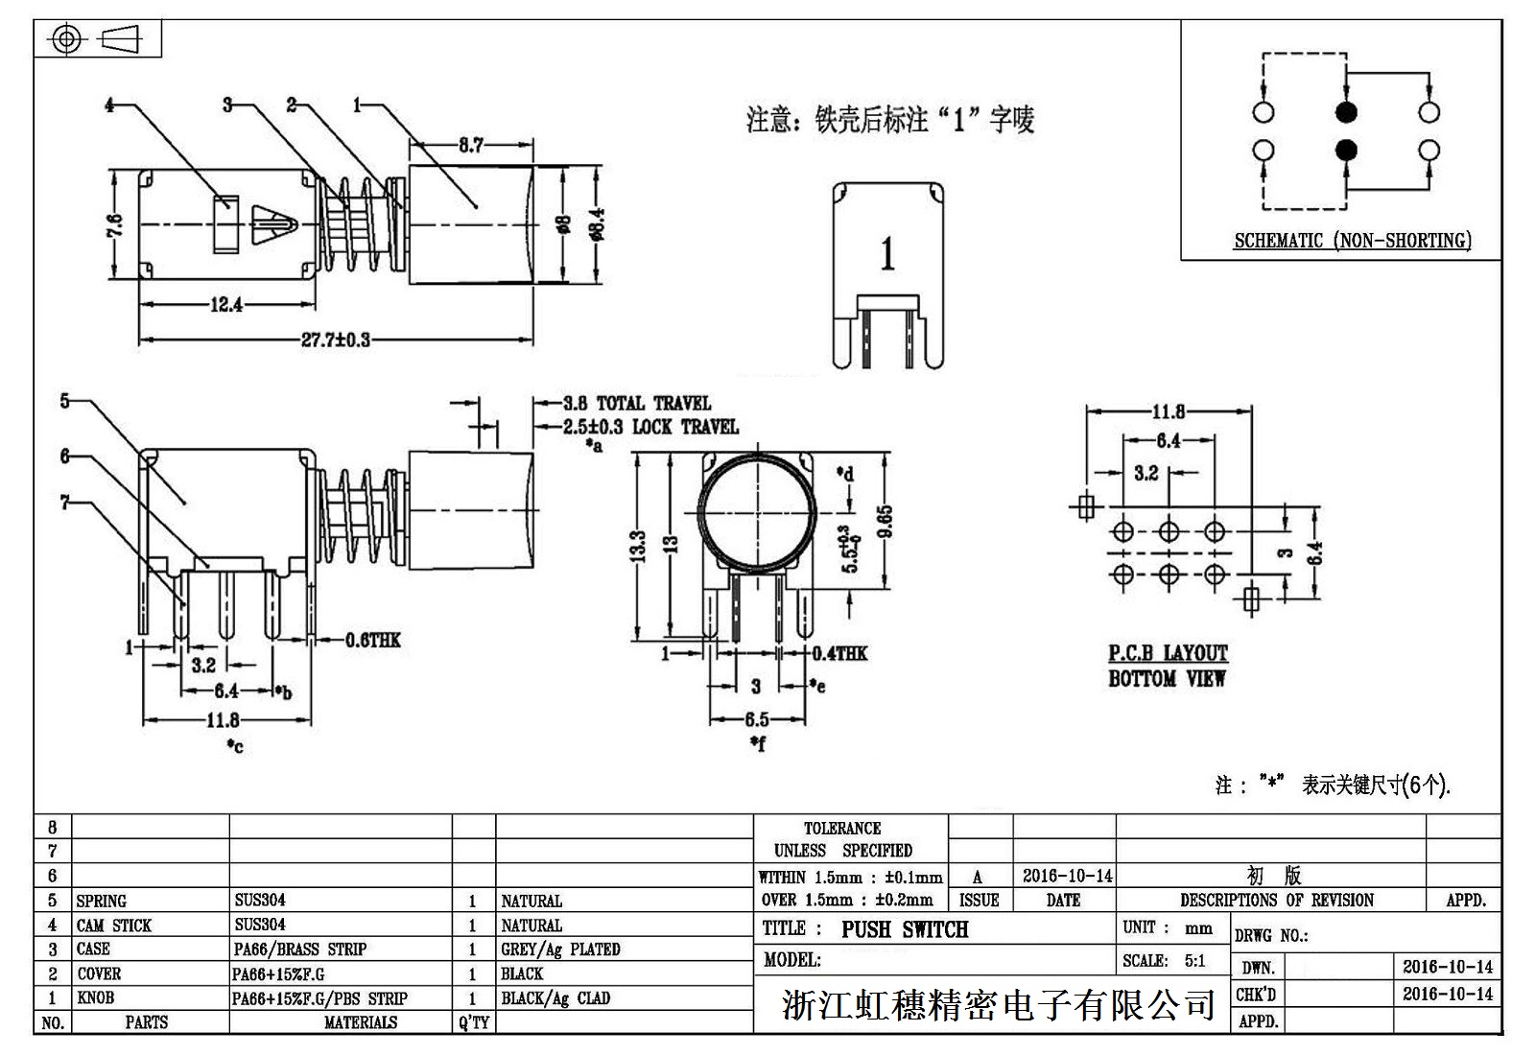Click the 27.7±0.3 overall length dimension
tap(336, 340)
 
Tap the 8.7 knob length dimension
tap(470, 146)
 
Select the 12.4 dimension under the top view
tap(226, 305)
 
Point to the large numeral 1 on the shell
tap(887, 253)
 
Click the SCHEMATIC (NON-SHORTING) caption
tap(1352, 241)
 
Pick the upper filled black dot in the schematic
tap(1346, 112)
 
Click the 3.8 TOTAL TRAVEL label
tap(637, 403)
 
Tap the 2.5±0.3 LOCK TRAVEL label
tap(650, 427)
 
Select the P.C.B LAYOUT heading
tap(1168, 653)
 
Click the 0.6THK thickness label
tap(373, 640)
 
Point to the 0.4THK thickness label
tap(839, 653)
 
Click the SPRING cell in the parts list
tap(102, 901)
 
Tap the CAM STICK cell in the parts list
tap(114, 926)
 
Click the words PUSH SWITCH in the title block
tap(905, 929)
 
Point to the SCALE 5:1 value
tap(1193, 961)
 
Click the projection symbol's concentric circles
tap(65, 39)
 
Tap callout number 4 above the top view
tap(109, 105)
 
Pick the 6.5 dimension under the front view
tap(756, 719)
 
